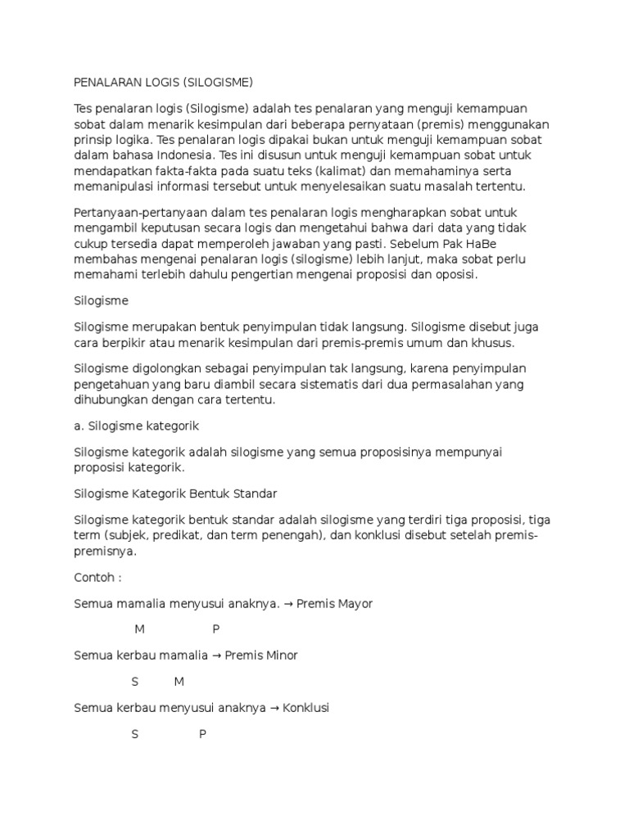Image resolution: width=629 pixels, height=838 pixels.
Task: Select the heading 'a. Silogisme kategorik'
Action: pyautogui.click(x=136, y=426)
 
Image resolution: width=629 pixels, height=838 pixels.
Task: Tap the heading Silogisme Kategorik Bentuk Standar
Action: pyautogui.click(x=175, y=493)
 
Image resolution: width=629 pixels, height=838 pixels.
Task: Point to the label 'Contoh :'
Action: pyautogui.click(x=97, y=577)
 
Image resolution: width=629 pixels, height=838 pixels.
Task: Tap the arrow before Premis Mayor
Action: pyautogui.click(x=288, y=604)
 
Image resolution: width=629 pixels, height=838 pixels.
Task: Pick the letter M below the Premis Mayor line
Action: pyautogui.click(x=139, y=629)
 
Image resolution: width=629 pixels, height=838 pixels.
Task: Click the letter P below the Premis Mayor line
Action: pyautogui.click(x=216, y=629)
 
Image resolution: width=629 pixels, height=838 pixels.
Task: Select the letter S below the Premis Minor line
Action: pyautogui.click(x=135, y=682)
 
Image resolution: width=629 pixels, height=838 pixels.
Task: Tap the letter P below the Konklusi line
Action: pyautogui.click(x=202, y=734)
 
